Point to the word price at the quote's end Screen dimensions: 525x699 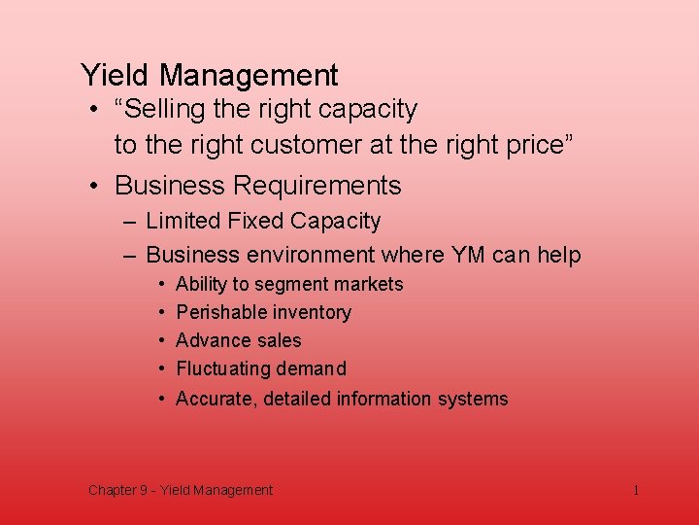[534, 146]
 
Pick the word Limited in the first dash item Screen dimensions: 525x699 [183, 222]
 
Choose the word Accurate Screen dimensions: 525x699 [215, 399]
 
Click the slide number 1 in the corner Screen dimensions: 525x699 [636, 490]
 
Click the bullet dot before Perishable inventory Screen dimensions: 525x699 [160, 313]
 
